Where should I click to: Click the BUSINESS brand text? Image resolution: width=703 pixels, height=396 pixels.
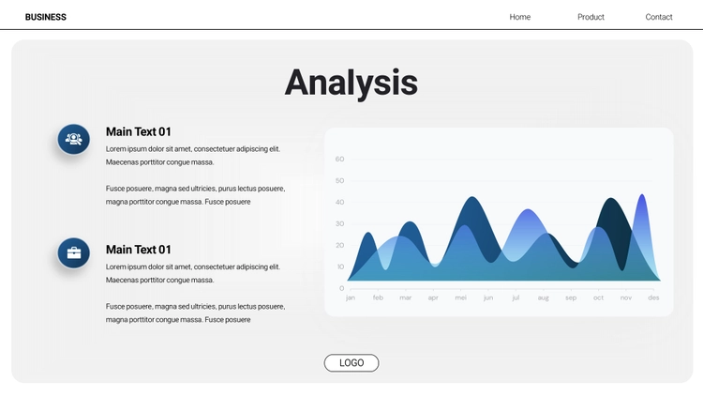coord(46,17)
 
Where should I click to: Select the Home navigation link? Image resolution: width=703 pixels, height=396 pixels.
coord(519,17)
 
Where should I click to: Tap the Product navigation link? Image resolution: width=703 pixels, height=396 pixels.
coord(591,17)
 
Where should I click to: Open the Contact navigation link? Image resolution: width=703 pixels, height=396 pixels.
coord(659,17)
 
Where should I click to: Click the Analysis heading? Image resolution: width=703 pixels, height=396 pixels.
coord(351,84)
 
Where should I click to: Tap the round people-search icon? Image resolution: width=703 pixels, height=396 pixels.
coord(73,139)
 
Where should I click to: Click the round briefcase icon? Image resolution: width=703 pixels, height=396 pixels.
coord(73,252)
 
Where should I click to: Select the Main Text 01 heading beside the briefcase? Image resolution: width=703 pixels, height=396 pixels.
coord(139,250)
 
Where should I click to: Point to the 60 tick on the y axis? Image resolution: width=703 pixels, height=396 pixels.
coord(339,159)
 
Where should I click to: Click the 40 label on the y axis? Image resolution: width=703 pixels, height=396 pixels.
coord(339,202)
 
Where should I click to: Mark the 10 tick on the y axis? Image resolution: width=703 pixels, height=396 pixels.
coord(340,267)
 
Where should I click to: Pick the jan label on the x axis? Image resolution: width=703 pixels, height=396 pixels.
coord(351,297)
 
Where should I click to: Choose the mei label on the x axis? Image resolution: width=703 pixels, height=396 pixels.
coord(460,297)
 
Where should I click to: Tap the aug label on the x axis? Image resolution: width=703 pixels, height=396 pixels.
coord(543,298)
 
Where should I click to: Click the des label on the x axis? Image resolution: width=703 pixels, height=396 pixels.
coord(653,297)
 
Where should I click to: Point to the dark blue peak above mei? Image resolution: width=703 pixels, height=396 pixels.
coord(472,198)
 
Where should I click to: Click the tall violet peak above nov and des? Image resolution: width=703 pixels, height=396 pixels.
coord(642,195)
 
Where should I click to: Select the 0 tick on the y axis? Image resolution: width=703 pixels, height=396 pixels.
coord(341,288)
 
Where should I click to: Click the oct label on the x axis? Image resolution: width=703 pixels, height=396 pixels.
coord(598,297)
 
